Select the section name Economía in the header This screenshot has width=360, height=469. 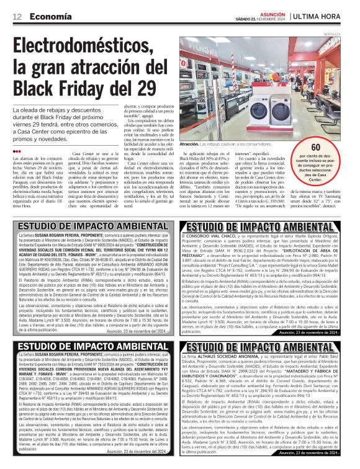coord(50,16)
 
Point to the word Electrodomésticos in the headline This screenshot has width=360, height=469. coord(91,47)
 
